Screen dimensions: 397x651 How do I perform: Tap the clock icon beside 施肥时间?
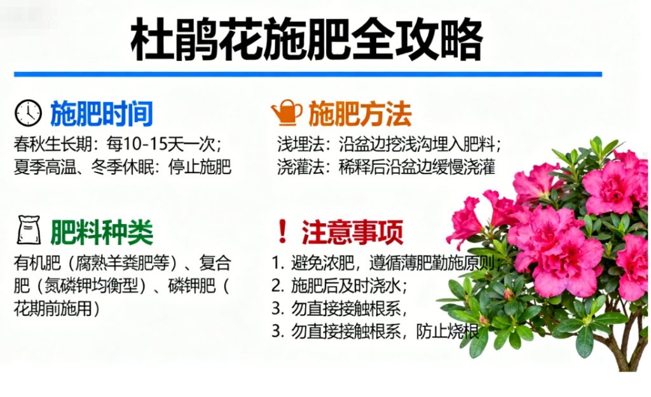click(28, 113)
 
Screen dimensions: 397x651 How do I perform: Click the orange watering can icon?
click(287, 113)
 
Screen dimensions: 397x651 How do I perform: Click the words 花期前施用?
click(57, 308)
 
